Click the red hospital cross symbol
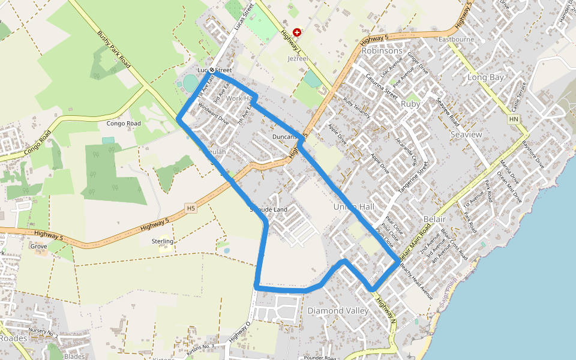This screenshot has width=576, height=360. click(297, 32)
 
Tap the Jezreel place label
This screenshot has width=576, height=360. click(298, 59)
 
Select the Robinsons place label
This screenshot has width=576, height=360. click(382, 51)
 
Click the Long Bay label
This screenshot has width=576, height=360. click(485, 77)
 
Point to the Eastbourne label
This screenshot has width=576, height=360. click(456, 40)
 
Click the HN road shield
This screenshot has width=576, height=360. click(514, 120)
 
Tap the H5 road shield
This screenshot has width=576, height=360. click(191, 208)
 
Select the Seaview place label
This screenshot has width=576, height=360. click(466, 134)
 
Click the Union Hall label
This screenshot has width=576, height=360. click(353, 207)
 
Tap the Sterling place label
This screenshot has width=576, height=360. click(163, 241)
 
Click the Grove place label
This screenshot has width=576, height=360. click(38, 246)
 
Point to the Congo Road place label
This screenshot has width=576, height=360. click(124, 124)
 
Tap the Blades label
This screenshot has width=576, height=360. click(74, 356)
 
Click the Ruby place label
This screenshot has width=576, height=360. click(410, 104)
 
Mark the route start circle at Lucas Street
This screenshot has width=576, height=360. click(212, 70)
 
